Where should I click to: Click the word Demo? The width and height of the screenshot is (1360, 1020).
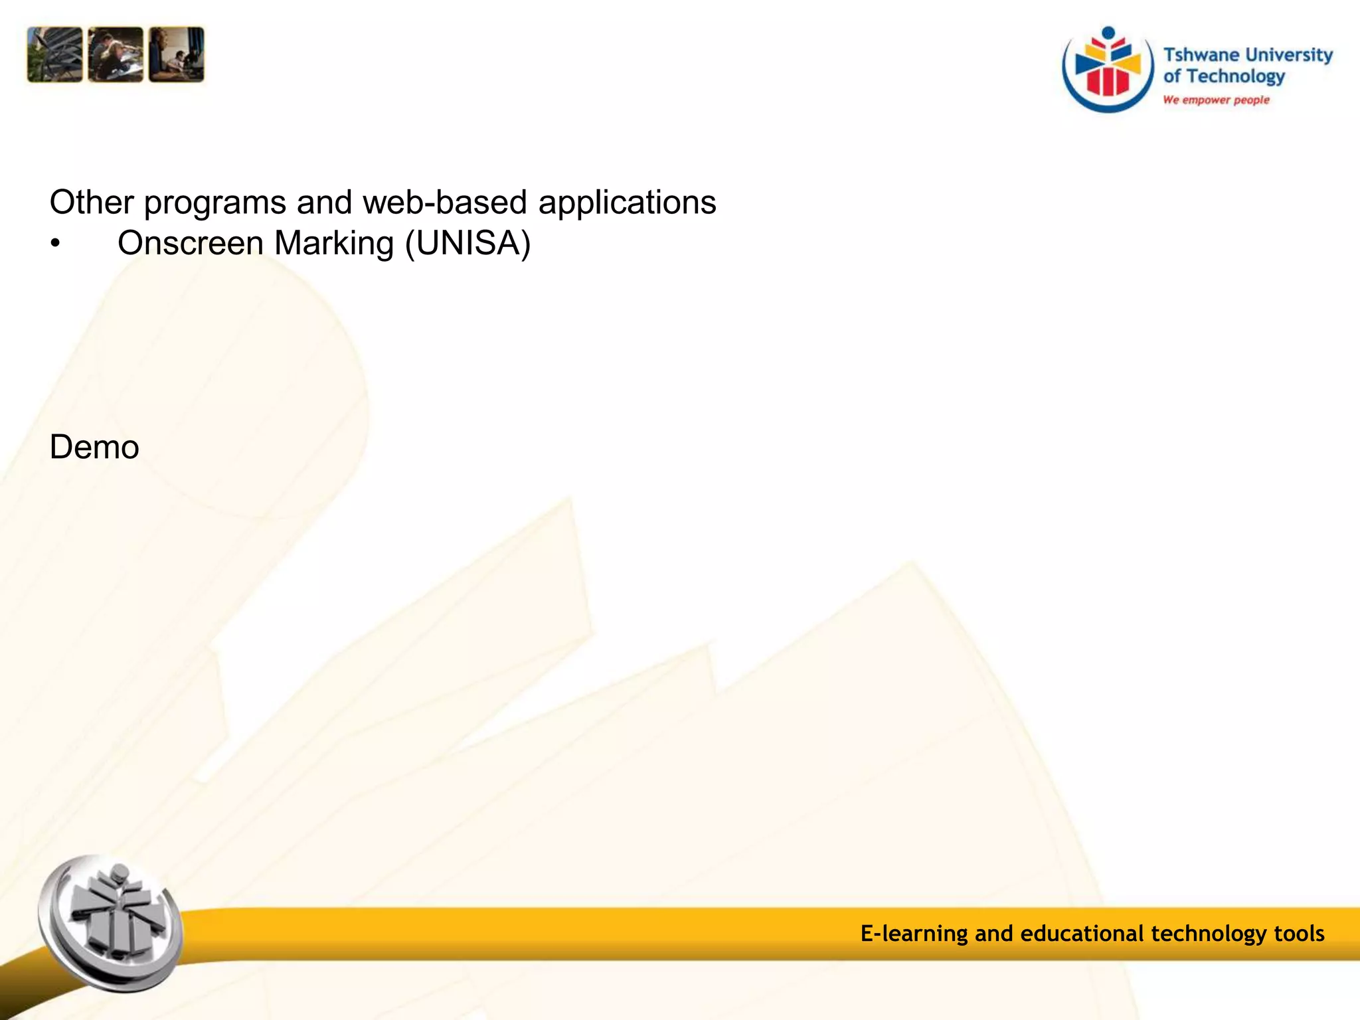pos(94,447)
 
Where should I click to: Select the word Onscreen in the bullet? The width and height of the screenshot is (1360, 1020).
pos(191,243)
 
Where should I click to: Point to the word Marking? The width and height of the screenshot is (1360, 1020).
pos(334,243)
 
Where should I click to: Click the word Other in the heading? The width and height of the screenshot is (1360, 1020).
pos(92,202)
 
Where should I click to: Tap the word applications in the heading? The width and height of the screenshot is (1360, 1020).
pos(627,202)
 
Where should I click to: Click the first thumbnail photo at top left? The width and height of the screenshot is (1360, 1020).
pos(54,54)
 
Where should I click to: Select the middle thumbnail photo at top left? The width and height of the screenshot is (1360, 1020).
pos(116,54)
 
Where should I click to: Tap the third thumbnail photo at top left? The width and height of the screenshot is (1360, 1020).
pos(177,54)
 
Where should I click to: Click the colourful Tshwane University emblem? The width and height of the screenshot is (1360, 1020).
pos(1108,69)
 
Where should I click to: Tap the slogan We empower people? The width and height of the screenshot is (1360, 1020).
pos(1216,100)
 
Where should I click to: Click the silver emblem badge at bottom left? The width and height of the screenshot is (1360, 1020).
pos(110,923)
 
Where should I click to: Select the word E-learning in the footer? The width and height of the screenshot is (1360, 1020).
pos(914,934)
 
